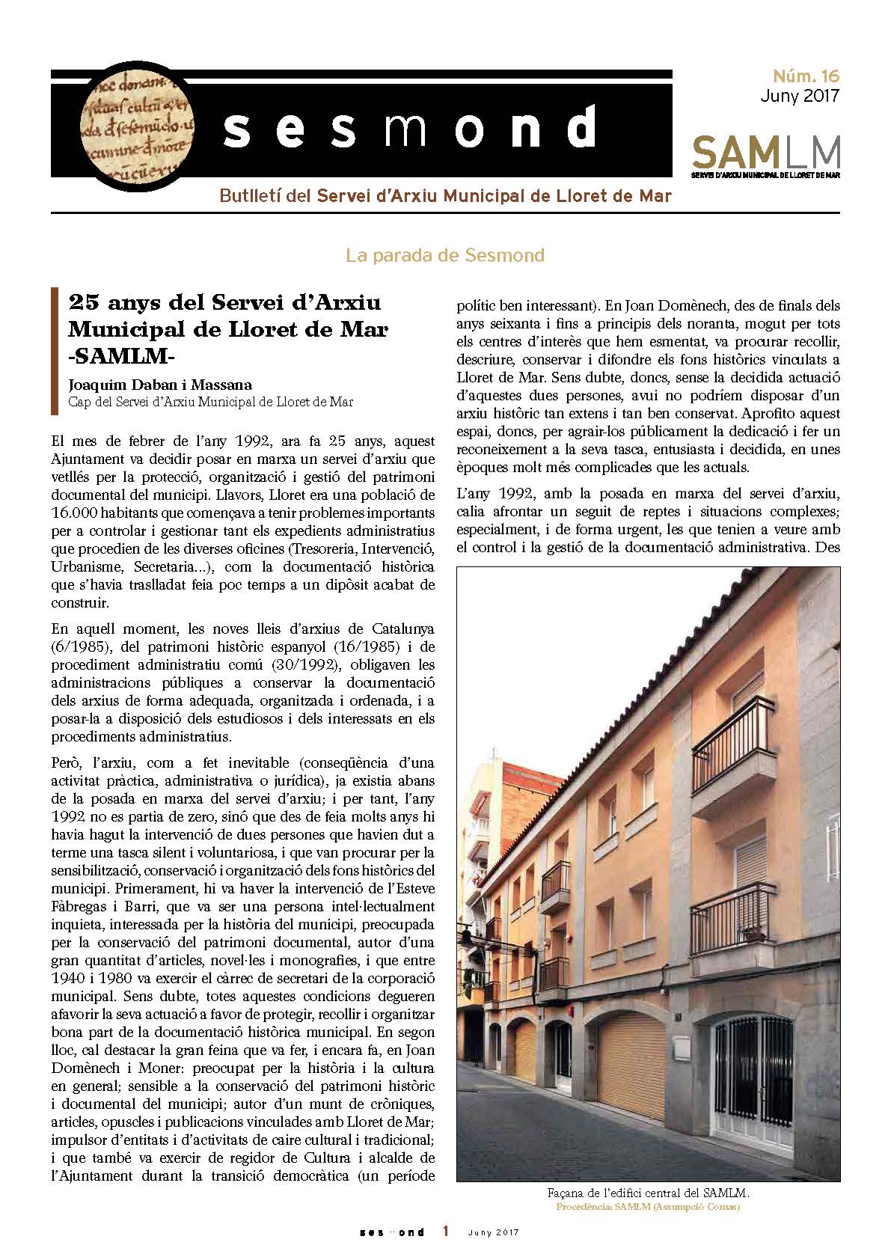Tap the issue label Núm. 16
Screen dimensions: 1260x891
[x=810, y=76]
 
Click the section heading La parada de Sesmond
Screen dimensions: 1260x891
[x=444, y=255]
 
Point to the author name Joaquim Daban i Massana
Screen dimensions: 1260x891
[x=160, y=385]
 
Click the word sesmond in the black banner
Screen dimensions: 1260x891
[x=410, y=129]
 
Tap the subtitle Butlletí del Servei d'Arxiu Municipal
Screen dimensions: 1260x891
[x=445, y=196]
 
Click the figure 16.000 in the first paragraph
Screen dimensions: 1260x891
[x=79, y=513]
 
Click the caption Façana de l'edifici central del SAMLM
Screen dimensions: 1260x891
[x=648, y=1193]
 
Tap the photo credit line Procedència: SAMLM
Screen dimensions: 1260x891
[x=648, y=1206]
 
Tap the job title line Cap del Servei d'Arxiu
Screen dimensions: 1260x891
[x=210, y=402]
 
